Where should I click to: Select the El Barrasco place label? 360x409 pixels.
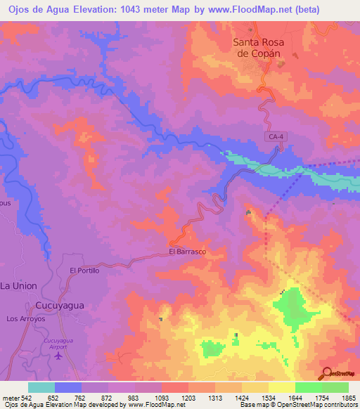(186, 252)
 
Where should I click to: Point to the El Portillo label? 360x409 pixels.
(85, 270)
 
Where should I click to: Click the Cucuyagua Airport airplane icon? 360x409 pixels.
(58, 355)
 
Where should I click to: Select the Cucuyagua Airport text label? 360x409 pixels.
(60, 343)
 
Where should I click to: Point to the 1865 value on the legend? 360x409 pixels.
(347, 397)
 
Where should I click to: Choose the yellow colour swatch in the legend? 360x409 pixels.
(282, 387)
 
